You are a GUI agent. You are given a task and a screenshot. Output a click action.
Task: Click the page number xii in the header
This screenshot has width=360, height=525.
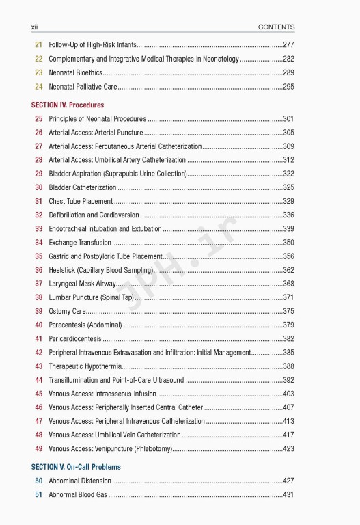tap(34, 27)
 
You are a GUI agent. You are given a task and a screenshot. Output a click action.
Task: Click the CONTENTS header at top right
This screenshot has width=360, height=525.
tap(276, 27)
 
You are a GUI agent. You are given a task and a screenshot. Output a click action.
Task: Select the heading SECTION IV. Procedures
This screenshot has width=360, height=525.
tap(68, 105)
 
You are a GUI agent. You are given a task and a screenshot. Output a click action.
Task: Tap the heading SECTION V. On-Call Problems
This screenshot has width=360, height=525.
tap(75, 466)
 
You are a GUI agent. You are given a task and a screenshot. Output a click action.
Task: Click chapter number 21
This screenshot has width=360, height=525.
tap(38, 44)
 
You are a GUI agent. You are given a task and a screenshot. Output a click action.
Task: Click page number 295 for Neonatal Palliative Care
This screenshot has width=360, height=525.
tap(288, 87)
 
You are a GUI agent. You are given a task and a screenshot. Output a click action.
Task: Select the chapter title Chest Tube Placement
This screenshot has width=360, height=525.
tap(81, 201)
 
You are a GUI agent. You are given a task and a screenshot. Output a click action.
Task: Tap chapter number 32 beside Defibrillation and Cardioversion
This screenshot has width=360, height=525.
tap(38, 215)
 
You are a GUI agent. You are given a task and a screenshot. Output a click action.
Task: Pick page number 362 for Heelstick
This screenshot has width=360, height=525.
tap(288, 270)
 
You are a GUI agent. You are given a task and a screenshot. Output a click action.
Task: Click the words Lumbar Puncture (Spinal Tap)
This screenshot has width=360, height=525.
tap(91, 297)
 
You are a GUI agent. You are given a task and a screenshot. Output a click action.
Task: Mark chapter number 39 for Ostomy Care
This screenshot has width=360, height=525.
tap(38, 311)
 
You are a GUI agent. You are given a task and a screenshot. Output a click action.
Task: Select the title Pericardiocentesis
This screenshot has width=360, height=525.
tap(75, 338)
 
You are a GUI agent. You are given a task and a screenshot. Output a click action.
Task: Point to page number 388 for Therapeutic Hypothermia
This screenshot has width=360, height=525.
tap(288, 366)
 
